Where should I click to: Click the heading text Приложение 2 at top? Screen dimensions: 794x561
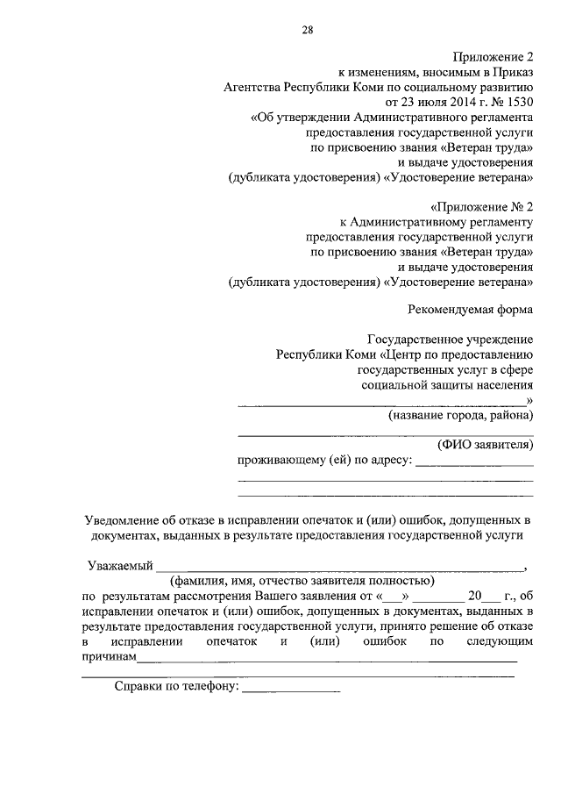496,57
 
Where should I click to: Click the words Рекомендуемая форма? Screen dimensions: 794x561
472,309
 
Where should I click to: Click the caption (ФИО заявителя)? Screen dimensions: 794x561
485,445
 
